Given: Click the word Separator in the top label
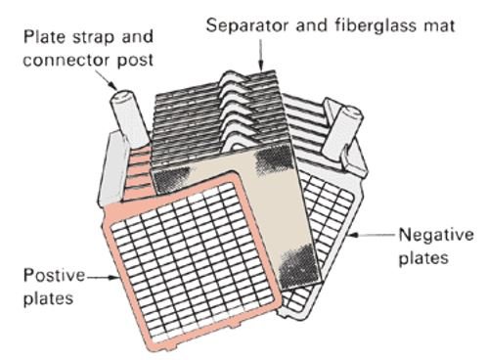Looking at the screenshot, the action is click(x=246, y=25).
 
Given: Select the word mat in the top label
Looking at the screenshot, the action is click(x=439, y=26).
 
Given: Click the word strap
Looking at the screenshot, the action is click(x=93, y=37).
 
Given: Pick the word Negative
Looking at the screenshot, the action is click(x=436, y=235).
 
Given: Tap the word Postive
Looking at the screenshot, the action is click(x=54, y=276).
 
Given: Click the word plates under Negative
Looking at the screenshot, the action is click(x=423, y=258).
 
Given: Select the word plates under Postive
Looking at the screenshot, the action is click(x=48, y=298).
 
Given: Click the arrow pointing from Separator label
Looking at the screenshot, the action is click(x=260, y=55).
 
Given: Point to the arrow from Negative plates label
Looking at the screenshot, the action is click(x=372, y=234).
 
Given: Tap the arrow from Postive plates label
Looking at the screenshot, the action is click(x=102, y=278).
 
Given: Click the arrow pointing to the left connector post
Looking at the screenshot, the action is click(x=106, y=80).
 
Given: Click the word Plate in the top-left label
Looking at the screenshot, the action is click(x=45, y=37).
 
